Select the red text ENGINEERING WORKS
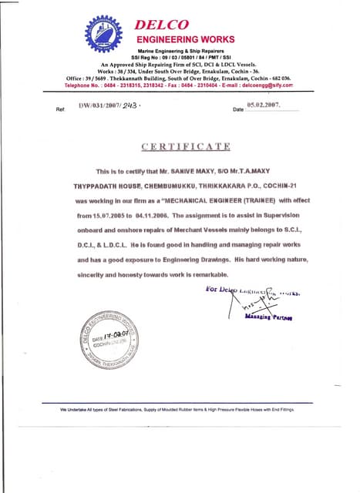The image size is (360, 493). click(185, 39)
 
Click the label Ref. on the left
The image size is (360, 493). click(61, 109)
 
